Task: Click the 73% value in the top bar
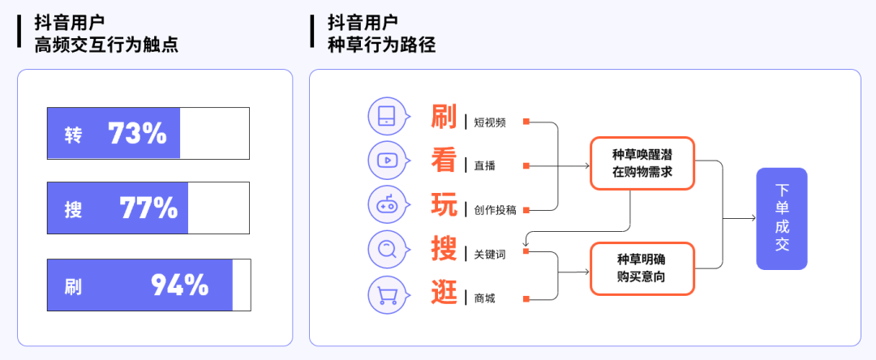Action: point(137,134)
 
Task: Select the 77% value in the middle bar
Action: point(148,208)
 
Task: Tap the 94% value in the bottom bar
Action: point(180,285)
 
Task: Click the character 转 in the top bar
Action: point(73,135)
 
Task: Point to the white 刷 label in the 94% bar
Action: point(73,286)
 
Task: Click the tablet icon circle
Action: point(387,117)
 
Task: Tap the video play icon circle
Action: point(387,161)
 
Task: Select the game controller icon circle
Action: point(387,205)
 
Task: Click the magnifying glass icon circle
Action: point(387,249)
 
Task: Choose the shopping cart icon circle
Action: point(387,294)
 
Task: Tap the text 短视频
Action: point(490,122)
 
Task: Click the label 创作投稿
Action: point(495,211)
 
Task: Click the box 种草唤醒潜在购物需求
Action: point(642,164)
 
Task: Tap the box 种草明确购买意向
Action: point(642,268)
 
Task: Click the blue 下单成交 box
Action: point(782,219)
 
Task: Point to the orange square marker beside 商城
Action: point(526,299)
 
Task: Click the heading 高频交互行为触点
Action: point(106,44)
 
